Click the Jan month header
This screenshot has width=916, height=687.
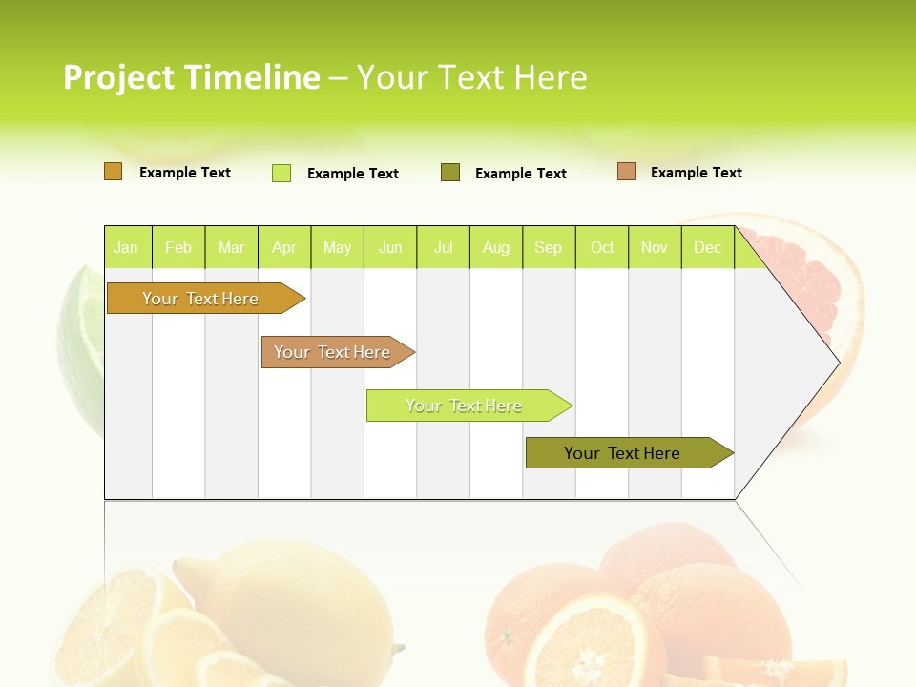pos(126,248)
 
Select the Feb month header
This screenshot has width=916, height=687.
pos(178,248)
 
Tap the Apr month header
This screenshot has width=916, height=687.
pos(283,248)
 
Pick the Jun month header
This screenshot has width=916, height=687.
pos(390,248)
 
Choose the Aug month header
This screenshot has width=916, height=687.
pos(495,248)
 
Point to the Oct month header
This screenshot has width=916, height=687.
pos(602,248)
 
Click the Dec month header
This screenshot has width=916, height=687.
pos(707,248)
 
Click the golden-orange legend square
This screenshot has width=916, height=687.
pos(114,172)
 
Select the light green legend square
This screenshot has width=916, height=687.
pos(281,173)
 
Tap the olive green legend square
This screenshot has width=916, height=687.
pos(450,173)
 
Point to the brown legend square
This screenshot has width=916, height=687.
pos(627,172)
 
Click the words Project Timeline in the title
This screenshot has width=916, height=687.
pos(191,77)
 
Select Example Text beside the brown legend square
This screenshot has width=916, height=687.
pos(696,173)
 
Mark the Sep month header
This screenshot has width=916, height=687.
pos(548,248)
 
